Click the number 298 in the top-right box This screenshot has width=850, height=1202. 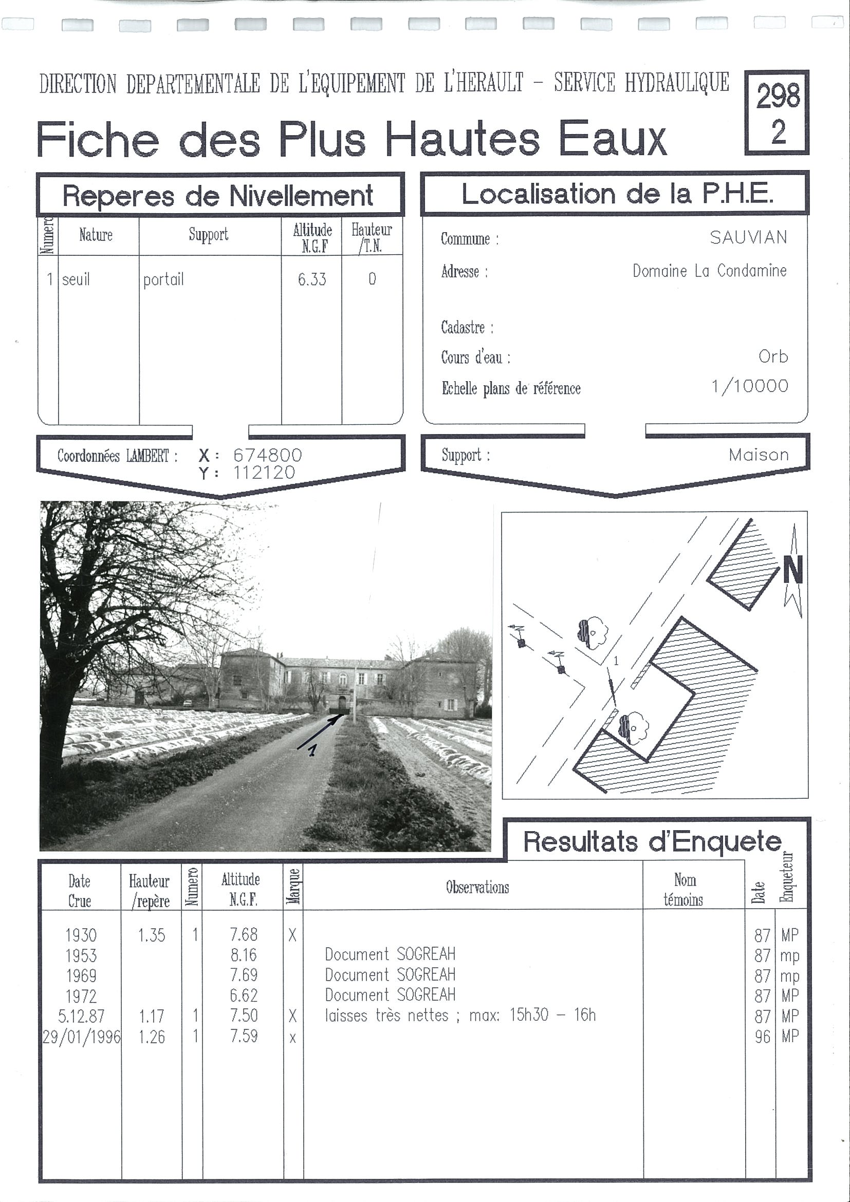pyautogui.click(x=778, y=96)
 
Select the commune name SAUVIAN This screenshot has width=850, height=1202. pyautogui.click(x=748, y=238)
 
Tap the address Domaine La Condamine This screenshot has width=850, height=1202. pyautogui.click(x=709, y=271)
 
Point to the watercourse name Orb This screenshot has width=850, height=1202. pyautogui.click(x=773, y=356)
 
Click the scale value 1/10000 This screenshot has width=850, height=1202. pyautogui.click(x=749, y=386)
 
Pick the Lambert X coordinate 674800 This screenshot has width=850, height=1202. pyautogui.click(x=267, y=455)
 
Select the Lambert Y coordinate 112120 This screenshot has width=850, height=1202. pyautogui.click(x=264, y=473)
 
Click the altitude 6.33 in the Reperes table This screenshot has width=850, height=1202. pyautogui.click(x=311, y=279)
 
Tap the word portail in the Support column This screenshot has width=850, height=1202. pyautogui.click(x=163, y=279)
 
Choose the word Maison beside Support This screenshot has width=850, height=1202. pyautogui.click(x=759, y=455)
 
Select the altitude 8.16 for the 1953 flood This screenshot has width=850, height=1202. pyautogui.click(x=244, y=955)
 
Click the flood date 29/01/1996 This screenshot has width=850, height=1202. pyautogui.click(x=81, y=1037)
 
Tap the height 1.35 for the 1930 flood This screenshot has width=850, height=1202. pyautogui.click(x=152, y=935)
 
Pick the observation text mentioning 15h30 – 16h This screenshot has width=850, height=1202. pyautogui.click(x=460, y=1016)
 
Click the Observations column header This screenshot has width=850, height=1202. pyautogui.click(x=477, y=887)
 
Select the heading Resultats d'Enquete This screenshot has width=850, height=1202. pyautogui.click(x=652, y=842)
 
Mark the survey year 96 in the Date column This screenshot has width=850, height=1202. pyautogui.click(x=762, y=1037)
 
